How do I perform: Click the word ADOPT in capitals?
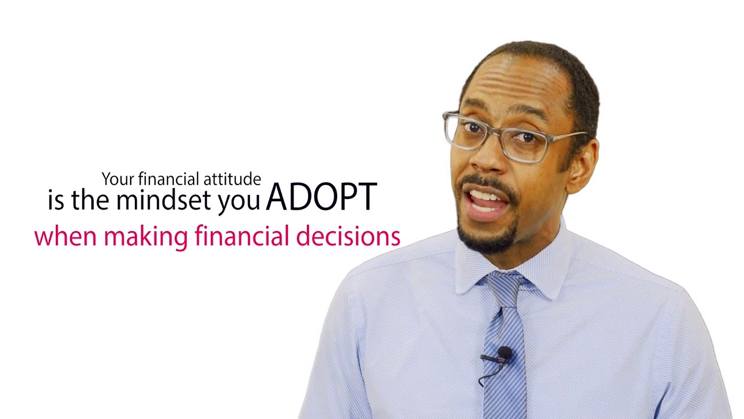321,197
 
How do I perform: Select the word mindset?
163,199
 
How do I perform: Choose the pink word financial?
242,236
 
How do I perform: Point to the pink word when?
66,236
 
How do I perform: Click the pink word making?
146,237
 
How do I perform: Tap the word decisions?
348,236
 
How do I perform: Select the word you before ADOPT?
238,202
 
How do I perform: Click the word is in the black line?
56,200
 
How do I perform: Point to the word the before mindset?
90,199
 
